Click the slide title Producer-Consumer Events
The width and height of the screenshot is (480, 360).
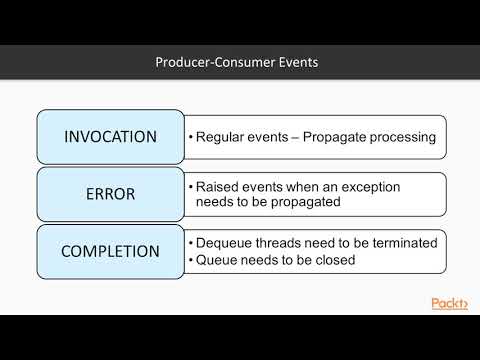(x=237, y=63)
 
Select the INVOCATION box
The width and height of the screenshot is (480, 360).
(x=110, y=137)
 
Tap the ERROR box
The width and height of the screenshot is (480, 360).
(x=110, y=194)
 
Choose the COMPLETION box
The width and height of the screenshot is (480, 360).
(x=110, y=251)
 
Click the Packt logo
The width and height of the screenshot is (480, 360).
(x=449, y=304)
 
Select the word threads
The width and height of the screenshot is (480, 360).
(x=283, y=243)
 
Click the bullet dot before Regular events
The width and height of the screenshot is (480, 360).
(x=190, y=137)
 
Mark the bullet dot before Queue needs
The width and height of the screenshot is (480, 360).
(x=190, y=259)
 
